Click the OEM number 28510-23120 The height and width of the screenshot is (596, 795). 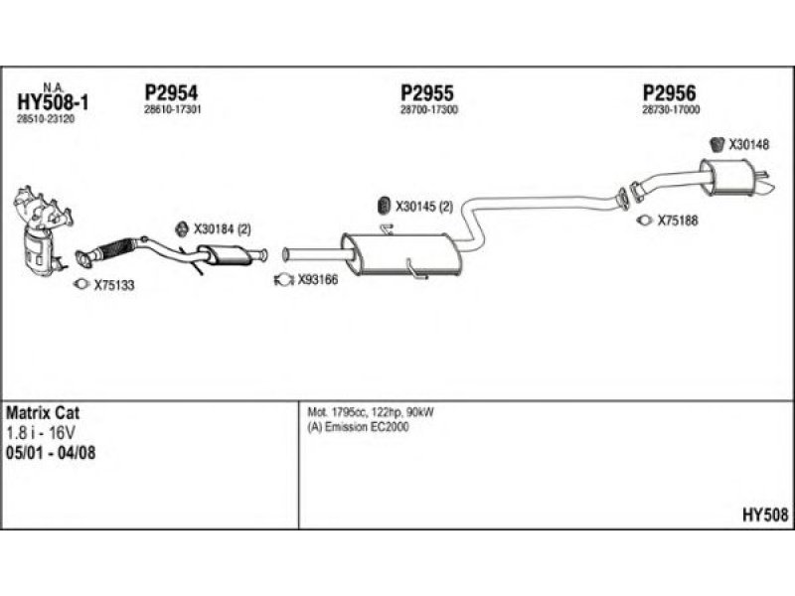coord(46,119)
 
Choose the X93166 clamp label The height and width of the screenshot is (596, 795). coord(318,280)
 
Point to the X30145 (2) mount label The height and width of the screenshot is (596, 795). coord(424,208)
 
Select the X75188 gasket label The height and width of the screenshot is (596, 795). coord(678,222)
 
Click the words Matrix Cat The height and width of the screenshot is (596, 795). coord(44,412)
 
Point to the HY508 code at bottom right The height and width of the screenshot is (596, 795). coord(764,515)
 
